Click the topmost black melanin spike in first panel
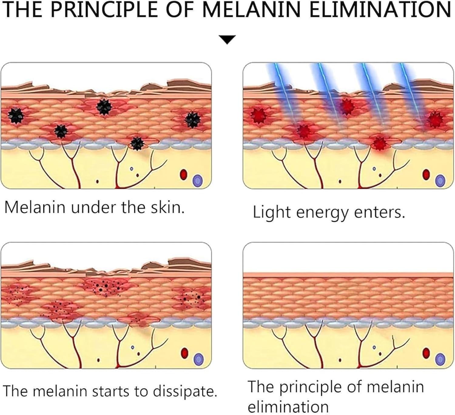pos(104,107)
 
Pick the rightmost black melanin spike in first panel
pos(192,119)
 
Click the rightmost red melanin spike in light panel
pos(436,119)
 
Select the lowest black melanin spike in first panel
pos(137,142)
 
